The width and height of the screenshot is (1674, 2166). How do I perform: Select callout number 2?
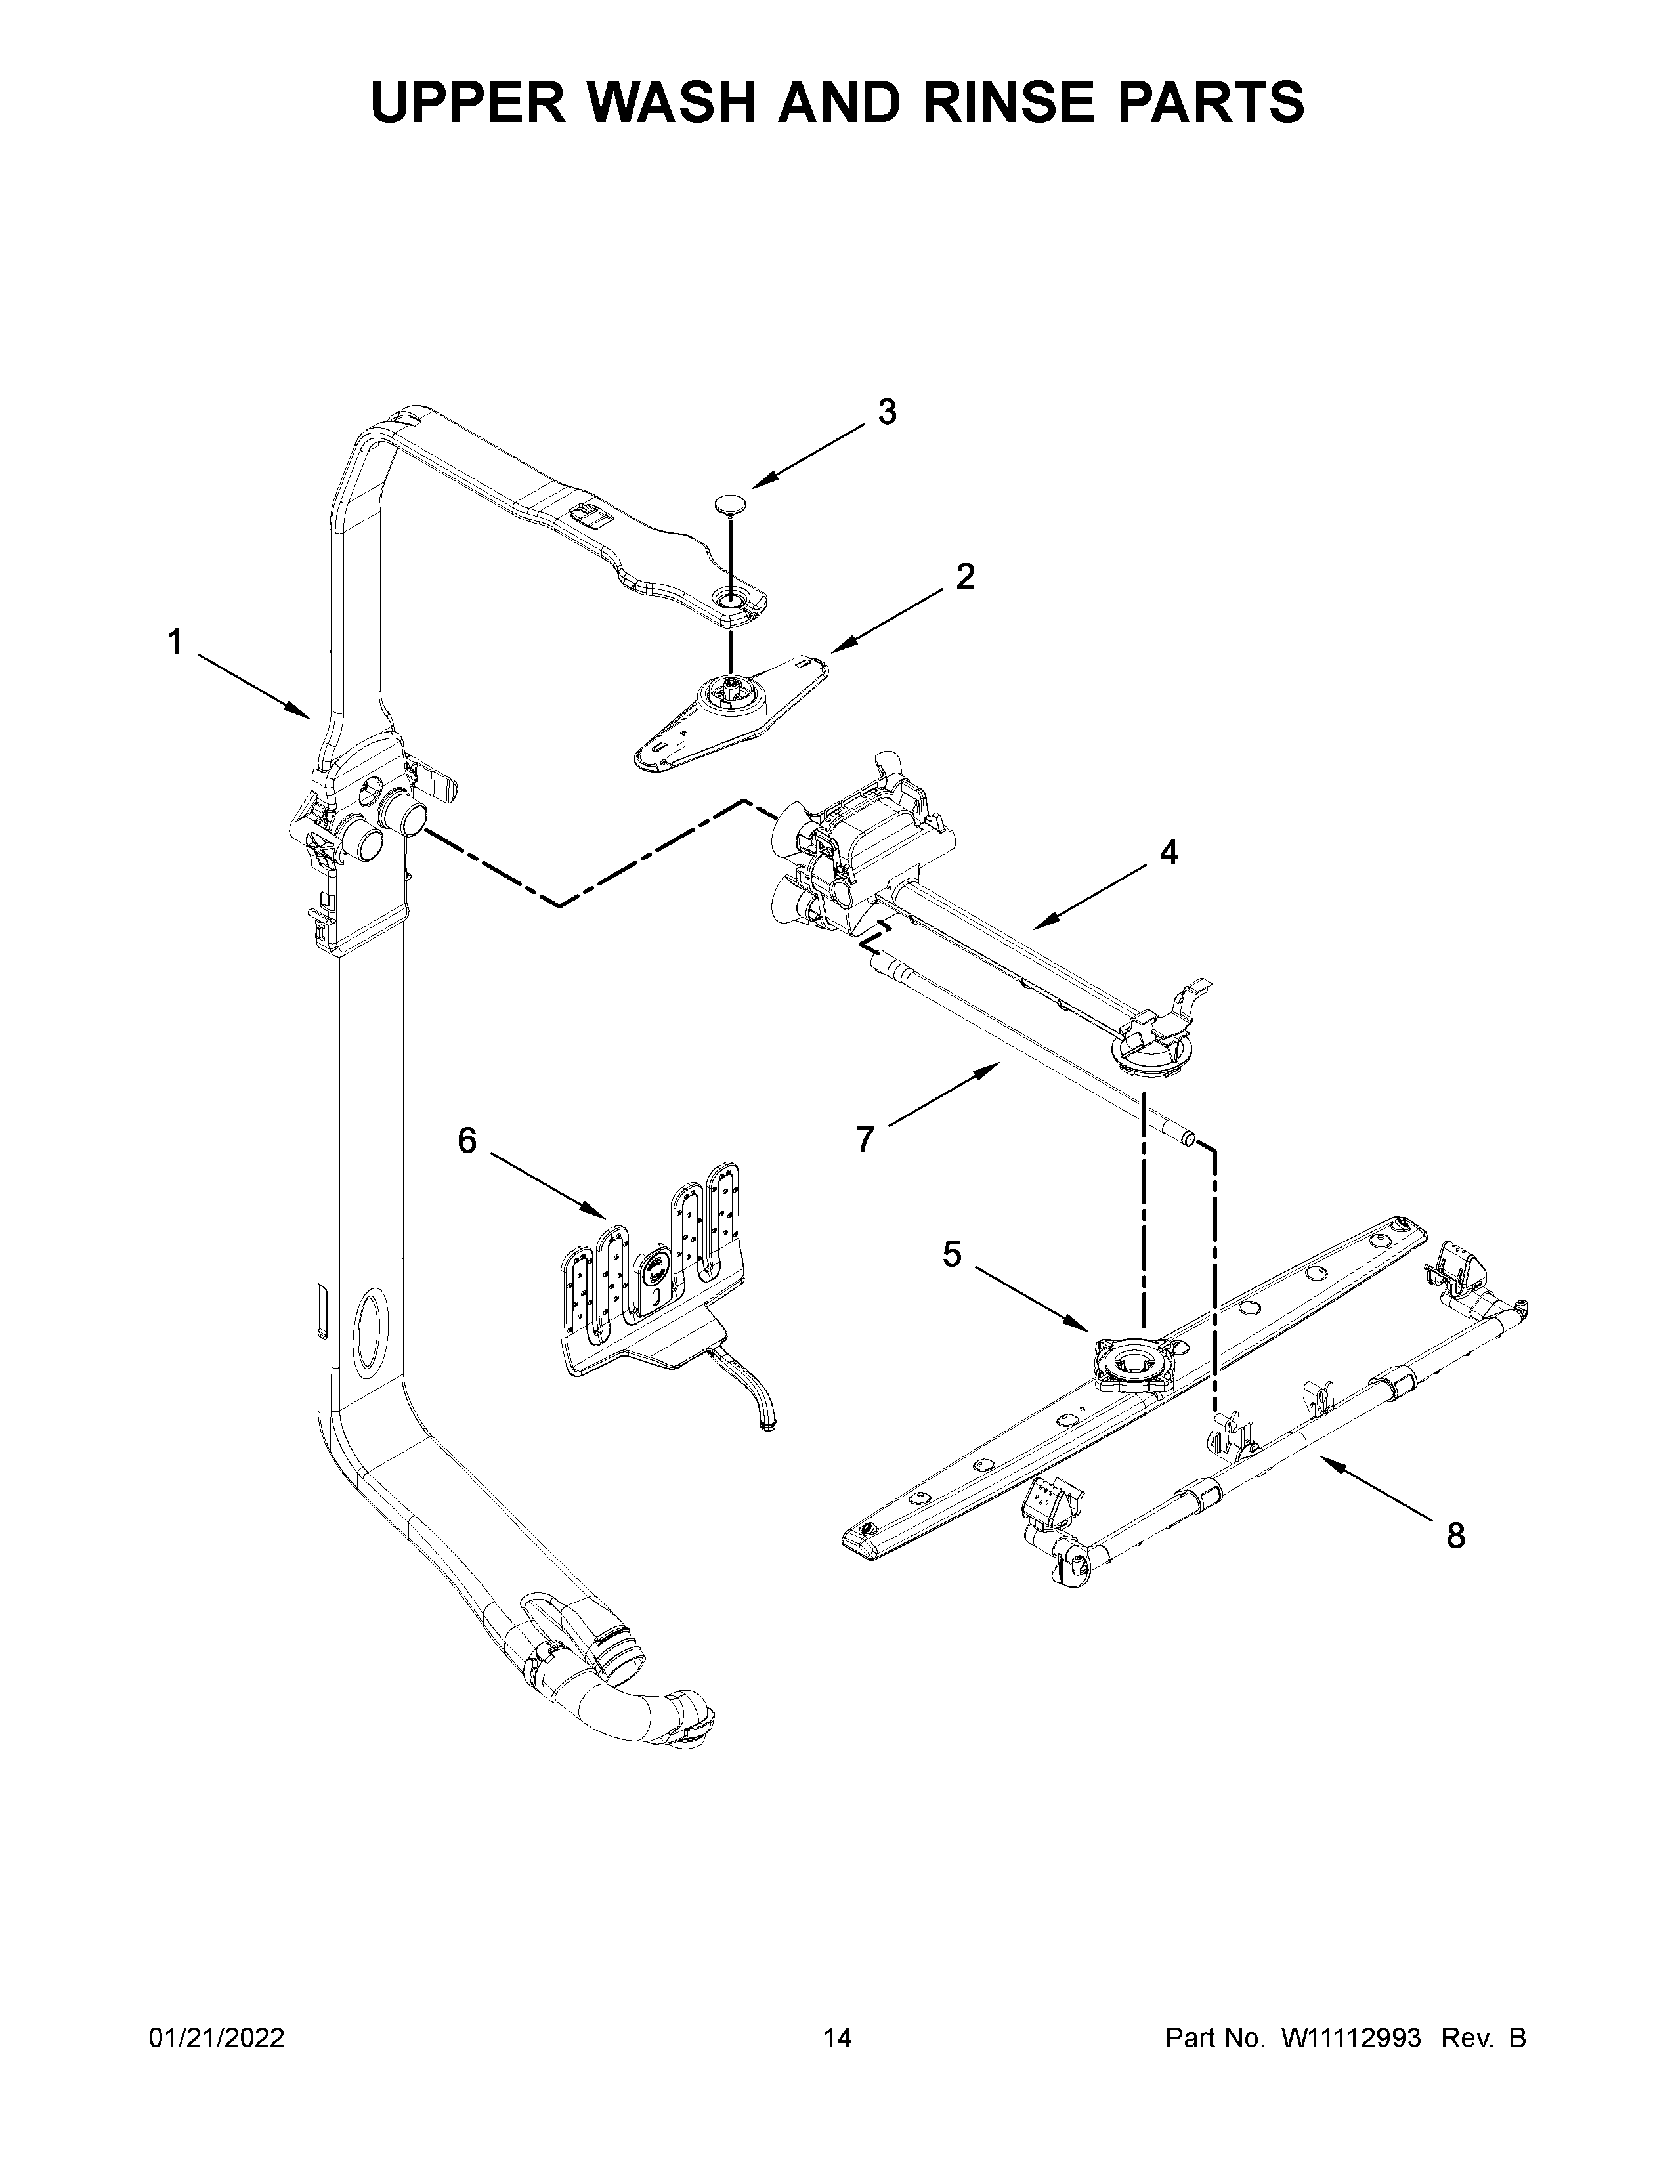point(964,577)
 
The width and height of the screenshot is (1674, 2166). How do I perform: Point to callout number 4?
point(1169,852)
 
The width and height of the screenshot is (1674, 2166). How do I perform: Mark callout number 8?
point(1455,1537)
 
